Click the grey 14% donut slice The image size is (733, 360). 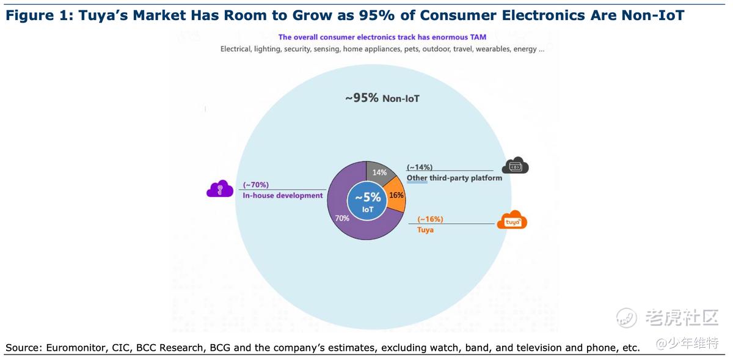[379, 172]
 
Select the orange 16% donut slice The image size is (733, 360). [396, 195]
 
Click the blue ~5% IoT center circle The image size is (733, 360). [367, 200]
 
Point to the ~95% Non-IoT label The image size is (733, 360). [382, 98]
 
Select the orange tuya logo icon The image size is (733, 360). [512, 221]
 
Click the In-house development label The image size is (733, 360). [282, 196]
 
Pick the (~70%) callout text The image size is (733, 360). [256, 185]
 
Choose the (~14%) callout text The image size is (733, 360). [420, 167]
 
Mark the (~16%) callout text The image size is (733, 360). [430, 219]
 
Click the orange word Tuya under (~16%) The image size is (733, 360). [425, 230]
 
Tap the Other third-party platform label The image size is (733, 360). [454, 178]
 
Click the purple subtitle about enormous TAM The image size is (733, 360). [382, 37]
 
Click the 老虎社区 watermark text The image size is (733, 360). [682, 317]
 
